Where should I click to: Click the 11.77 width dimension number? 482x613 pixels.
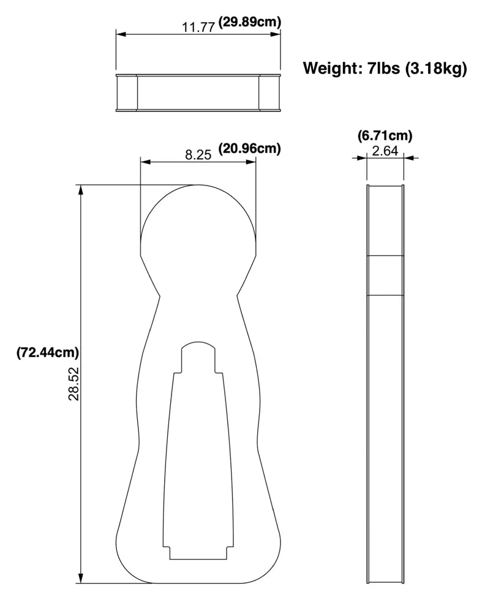click(198, 28)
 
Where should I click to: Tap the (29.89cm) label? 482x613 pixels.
click(249, 22)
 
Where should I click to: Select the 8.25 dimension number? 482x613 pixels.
click(198, 155)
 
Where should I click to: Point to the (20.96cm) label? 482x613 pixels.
click(249, 149)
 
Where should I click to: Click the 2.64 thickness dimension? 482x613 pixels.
click(385, 151)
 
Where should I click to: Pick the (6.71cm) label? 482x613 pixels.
click(385, 136)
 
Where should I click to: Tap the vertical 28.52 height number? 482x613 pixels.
click(74, 383)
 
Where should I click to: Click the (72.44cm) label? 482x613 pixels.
click(48, 352)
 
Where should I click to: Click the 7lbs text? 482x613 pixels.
click(384, 68)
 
